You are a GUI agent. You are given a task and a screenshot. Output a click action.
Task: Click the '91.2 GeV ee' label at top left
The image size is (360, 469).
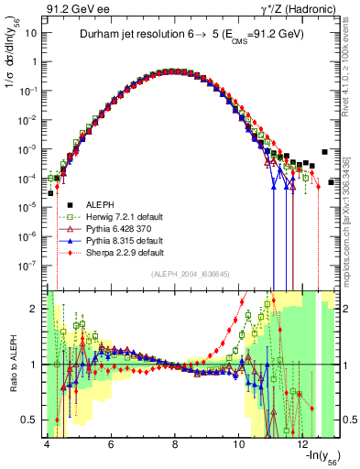[x=73, y=8]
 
